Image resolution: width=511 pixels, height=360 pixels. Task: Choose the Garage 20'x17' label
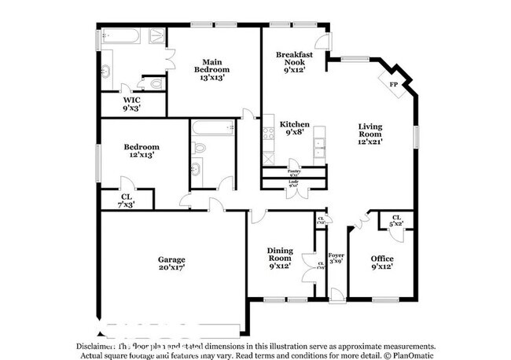click(171, 263)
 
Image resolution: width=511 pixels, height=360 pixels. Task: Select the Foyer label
click(336, 259)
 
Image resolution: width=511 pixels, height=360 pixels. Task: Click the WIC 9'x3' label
click(132, 105)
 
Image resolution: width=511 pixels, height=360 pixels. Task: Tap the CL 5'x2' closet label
click(397, 221)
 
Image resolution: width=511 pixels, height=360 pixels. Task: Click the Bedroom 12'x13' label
click(142, 151)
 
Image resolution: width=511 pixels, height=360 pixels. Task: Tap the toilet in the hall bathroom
click(200, 147)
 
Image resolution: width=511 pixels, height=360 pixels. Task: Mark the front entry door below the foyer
click(336, 294)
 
